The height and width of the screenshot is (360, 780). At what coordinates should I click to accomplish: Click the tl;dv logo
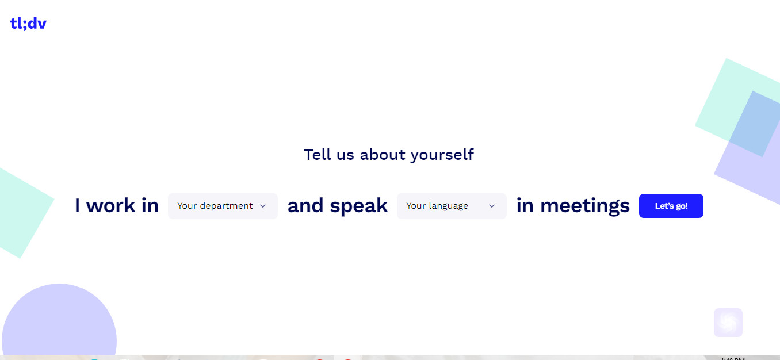coord(28,24)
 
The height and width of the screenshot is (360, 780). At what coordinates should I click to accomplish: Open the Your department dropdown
coord(223,206)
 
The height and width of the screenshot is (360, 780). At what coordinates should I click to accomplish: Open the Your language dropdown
coord(452,206)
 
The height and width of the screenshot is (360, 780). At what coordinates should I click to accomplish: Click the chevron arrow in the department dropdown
coord(263,206)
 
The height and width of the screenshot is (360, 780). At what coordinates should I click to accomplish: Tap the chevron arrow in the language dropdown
coord(492,206)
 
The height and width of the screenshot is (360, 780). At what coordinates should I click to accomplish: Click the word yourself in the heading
coord(442,155)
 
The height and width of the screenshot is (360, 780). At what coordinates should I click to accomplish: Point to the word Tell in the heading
coord(317,154)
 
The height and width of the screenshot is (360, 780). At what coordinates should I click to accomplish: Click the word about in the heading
coord(383,154)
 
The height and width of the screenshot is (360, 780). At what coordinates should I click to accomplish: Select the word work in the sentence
coord(110,205)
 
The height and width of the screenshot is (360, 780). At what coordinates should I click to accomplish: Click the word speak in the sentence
coord(359,206)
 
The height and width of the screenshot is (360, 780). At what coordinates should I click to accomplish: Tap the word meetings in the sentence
coord(585,206)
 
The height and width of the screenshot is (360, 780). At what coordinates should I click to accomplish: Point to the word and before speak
coord(304,205)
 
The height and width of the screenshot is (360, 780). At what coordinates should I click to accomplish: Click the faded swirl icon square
coord(728,323)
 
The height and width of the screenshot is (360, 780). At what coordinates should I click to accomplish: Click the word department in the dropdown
coord(226,206)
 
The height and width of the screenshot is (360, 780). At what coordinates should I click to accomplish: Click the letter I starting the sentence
coord(77,205)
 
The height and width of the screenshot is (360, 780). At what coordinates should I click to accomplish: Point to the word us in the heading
coord(346,155)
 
